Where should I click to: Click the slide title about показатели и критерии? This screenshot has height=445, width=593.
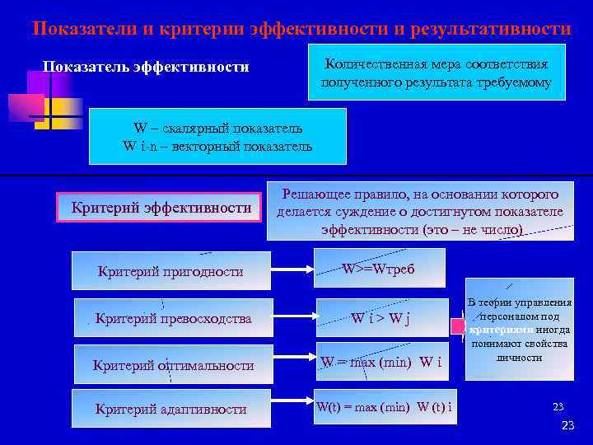click(301, 29)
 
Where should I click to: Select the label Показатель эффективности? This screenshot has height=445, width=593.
click(146, 67)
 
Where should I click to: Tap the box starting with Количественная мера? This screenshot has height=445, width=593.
click(436, 73)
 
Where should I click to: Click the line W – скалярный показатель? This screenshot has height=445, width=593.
click(217, 129)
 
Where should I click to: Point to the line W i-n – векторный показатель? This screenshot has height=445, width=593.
click(217, 147)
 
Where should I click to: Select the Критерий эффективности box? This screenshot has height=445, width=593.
click(161, 207)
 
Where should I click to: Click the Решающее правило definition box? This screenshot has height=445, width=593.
click(420, 211)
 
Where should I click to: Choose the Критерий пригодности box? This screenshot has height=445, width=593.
click(170, 271)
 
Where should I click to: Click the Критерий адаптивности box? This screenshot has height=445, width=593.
click(170, 409)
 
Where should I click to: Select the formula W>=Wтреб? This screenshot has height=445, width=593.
click(379, 269)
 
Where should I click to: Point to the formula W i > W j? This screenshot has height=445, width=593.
click(381, 317)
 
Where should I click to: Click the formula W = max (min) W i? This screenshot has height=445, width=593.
click(381, 362)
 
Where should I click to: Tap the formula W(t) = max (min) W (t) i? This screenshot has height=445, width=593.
click(384, 408)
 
